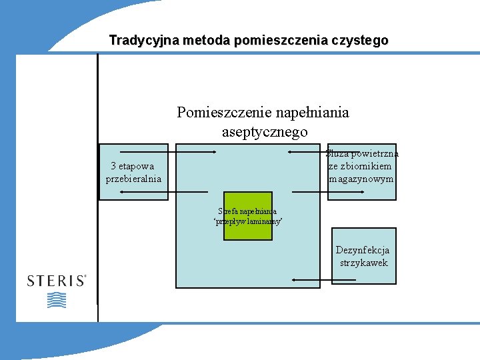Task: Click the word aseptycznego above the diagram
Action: click(265, 132)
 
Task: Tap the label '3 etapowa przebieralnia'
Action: click(133, 172)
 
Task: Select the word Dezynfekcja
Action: click(363, 251)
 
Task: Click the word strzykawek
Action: click(363, 263)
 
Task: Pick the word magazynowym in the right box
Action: click(361, 179)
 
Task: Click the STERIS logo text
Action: click(57, 281)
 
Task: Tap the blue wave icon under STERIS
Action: click(57, 300)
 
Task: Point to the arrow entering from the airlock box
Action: click(307, 152)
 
